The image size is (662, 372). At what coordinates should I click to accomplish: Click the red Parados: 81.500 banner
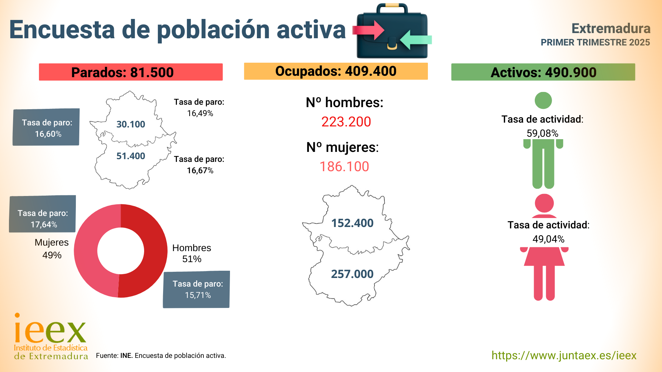tap(131, 72)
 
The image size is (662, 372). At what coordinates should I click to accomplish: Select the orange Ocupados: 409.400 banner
tap(336, 71)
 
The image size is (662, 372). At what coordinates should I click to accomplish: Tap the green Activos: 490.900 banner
tap(543, 72)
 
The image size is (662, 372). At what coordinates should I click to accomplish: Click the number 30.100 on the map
tap(131, 124)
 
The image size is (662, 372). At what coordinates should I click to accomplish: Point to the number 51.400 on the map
tap(131, 156)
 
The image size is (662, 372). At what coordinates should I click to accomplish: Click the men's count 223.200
tap(346, 122)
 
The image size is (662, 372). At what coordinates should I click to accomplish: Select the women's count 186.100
tap(344, 167)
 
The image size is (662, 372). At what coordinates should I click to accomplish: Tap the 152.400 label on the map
tap(352, 223)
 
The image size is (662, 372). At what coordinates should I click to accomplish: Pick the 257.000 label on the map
tap(352, 274)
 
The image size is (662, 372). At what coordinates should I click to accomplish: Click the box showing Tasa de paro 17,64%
tap(42, 214)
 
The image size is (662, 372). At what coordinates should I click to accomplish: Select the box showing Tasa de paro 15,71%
tap(197, 289)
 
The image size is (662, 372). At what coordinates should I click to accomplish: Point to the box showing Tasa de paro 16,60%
tap(46, 127)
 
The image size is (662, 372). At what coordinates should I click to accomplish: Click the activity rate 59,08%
tap(542, 133)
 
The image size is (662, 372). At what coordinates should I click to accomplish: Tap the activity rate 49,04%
tap(548, 239)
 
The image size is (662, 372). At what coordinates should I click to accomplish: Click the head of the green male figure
tap(543, 101)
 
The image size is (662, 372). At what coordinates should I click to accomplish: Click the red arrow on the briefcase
tap(369, 30)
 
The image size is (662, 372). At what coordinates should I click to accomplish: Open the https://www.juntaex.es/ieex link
tap(564, 355)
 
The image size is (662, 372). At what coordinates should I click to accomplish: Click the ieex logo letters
tap(50, 331)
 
